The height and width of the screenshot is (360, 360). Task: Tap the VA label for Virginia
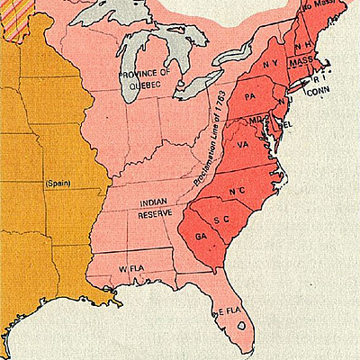tap(243, 144)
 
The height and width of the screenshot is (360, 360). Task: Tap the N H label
tap(304, 42)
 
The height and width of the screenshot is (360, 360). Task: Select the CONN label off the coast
tap(318, 90)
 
